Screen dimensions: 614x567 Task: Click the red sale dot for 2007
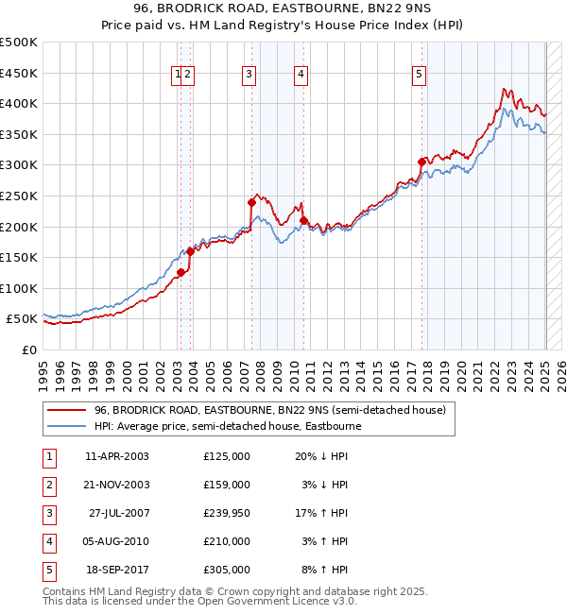(x=252, y=202)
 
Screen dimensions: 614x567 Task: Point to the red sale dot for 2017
(x=422, y=162)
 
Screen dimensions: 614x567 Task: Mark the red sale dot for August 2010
(x=303, y=220)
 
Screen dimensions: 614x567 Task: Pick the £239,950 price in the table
(x=226, y=513)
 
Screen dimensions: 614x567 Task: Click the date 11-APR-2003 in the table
(x=117, y=456)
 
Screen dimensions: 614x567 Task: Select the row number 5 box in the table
(x=48, y=570)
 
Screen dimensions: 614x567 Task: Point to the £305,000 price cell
(x=226, y=570)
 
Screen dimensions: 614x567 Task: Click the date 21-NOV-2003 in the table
(x=117, y=485)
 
